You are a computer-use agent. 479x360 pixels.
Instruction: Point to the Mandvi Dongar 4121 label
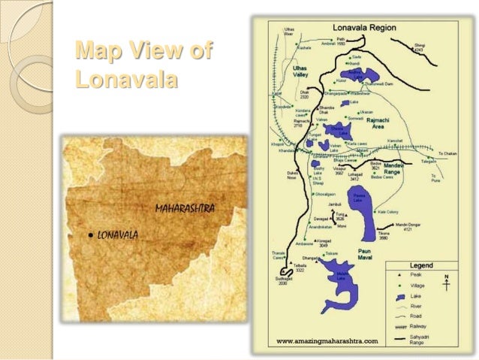(x=410, y=226)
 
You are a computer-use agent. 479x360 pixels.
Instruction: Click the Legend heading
(x=420, y=265)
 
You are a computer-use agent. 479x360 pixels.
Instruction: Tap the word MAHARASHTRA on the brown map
(x=185, y=207)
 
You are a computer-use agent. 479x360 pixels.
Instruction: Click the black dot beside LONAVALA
(x=90, y=234)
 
